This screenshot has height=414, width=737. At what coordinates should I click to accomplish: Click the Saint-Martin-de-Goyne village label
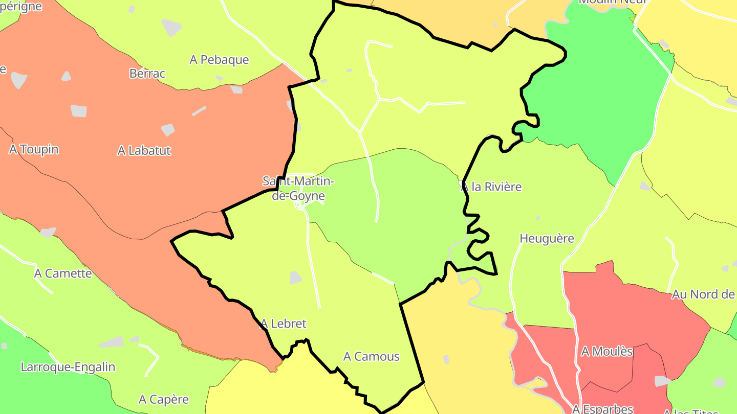pyautogui.click(x=298, y=188)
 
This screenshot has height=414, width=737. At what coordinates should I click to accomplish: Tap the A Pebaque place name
pyautogui.click(x=219, y=60)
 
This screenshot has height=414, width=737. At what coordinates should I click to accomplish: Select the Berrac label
pyautogui.click(x=147, y=74)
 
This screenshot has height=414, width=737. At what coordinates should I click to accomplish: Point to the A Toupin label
pyautogui.click(x=34, y=149)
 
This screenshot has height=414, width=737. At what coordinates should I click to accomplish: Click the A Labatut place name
pyautogui.click(x=144, y=151)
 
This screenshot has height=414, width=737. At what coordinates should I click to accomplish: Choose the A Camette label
pyautogui.click(x=63, y=273)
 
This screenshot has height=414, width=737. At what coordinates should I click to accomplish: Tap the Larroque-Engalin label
pyautogui.click(x=68, y=367)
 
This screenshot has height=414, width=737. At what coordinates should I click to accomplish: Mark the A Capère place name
pyautogui.click(x=164, y=399)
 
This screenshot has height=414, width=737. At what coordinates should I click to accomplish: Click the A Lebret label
pyautogui.click(x=283, y=324)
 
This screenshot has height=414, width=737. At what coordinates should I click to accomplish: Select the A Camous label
pyautogui.click(x=371, y=356)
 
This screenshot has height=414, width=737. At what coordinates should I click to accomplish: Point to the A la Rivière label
pyautogui.click(x=491, y=187)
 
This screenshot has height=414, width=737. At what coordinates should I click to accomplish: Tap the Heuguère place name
pyautogui.click(x=547, y=238)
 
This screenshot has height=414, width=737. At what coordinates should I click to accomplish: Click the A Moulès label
pyautogui.click(x=607, y=352)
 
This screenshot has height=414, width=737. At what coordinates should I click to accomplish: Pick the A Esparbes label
pyautogui.click(x=602, y=409)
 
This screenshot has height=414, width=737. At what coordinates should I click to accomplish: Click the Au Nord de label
pyautogui.click(x=703, y=294)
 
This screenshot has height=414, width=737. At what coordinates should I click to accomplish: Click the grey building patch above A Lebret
pyautogui.click(x=295, y=278)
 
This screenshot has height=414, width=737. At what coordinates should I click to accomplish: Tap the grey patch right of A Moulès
pyautogui.click(x=662, y=381)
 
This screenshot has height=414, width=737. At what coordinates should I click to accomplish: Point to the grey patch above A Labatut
pyautogui.click(x=168, y=129)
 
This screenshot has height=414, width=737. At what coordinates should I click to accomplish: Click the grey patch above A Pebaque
pyautogui.click(x=171, y=27)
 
